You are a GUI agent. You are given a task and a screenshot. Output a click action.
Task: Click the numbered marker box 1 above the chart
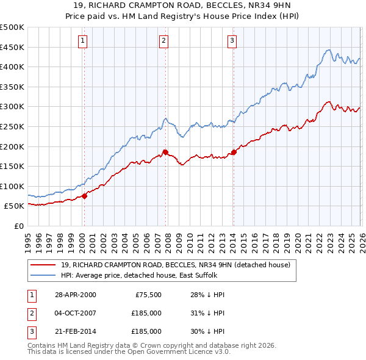pos(83,41)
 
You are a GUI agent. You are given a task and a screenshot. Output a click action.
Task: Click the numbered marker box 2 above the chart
pos(164,41)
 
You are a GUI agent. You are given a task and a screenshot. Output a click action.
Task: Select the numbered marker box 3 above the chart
pos(232,41)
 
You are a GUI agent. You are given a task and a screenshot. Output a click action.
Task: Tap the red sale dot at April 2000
pos(85,196)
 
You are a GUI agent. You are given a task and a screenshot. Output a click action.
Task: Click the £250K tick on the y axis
pos(12,126)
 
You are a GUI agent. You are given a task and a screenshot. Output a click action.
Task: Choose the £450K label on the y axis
pos(12,47)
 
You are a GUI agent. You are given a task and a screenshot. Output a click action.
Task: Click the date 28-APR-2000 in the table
pos(75,295)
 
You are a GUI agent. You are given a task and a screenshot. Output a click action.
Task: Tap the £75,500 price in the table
pos(146,295)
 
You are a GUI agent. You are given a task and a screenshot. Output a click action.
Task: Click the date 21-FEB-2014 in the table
pos(75,331)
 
